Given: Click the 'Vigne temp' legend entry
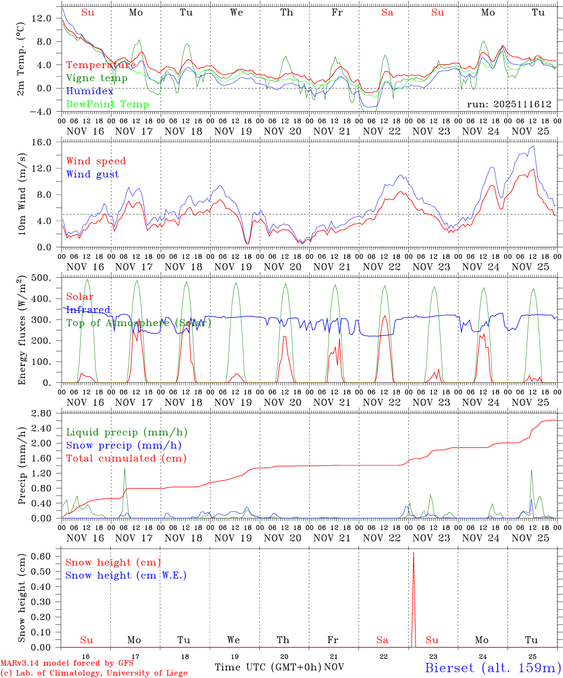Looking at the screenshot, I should click(x=97, y=78).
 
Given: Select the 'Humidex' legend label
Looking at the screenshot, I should click(x=90, y=91).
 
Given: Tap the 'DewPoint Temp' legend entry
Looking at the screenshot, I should click(x=108, y=105).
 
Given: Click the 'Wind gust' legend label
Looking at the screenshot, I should click(x=92, y=174).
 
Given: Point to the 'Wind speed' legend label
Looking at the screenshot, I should click(x=96, y=161).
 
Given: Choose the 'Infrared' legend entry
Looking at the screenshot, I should click(x=88, y=310).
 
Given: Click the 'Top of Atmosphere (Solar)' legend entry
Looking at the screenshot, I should click(x=139, y=323).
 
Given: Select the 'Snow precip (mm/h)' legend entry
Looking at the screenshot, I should click(x=124, y=445).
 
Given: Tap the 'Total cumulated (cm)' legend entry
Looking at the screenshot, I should click(x=126, y=459).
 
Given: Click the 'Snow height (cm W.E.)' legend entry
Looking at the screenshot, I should click(x=126, y=575).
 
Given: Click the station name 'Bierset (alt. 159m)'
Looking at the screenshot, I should click(x=493, y=667).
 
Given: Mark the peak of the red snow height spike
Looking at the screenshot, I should click(x=414, y=553).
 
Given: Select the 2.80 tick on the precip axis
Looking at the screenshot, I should click(x=46, y=413).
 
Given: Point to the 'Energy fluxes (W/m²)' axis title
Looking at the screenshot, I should click(x=22, y=330).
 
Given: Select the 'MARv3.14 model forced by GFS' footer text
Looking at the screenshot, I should click(x=67, y=663).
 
